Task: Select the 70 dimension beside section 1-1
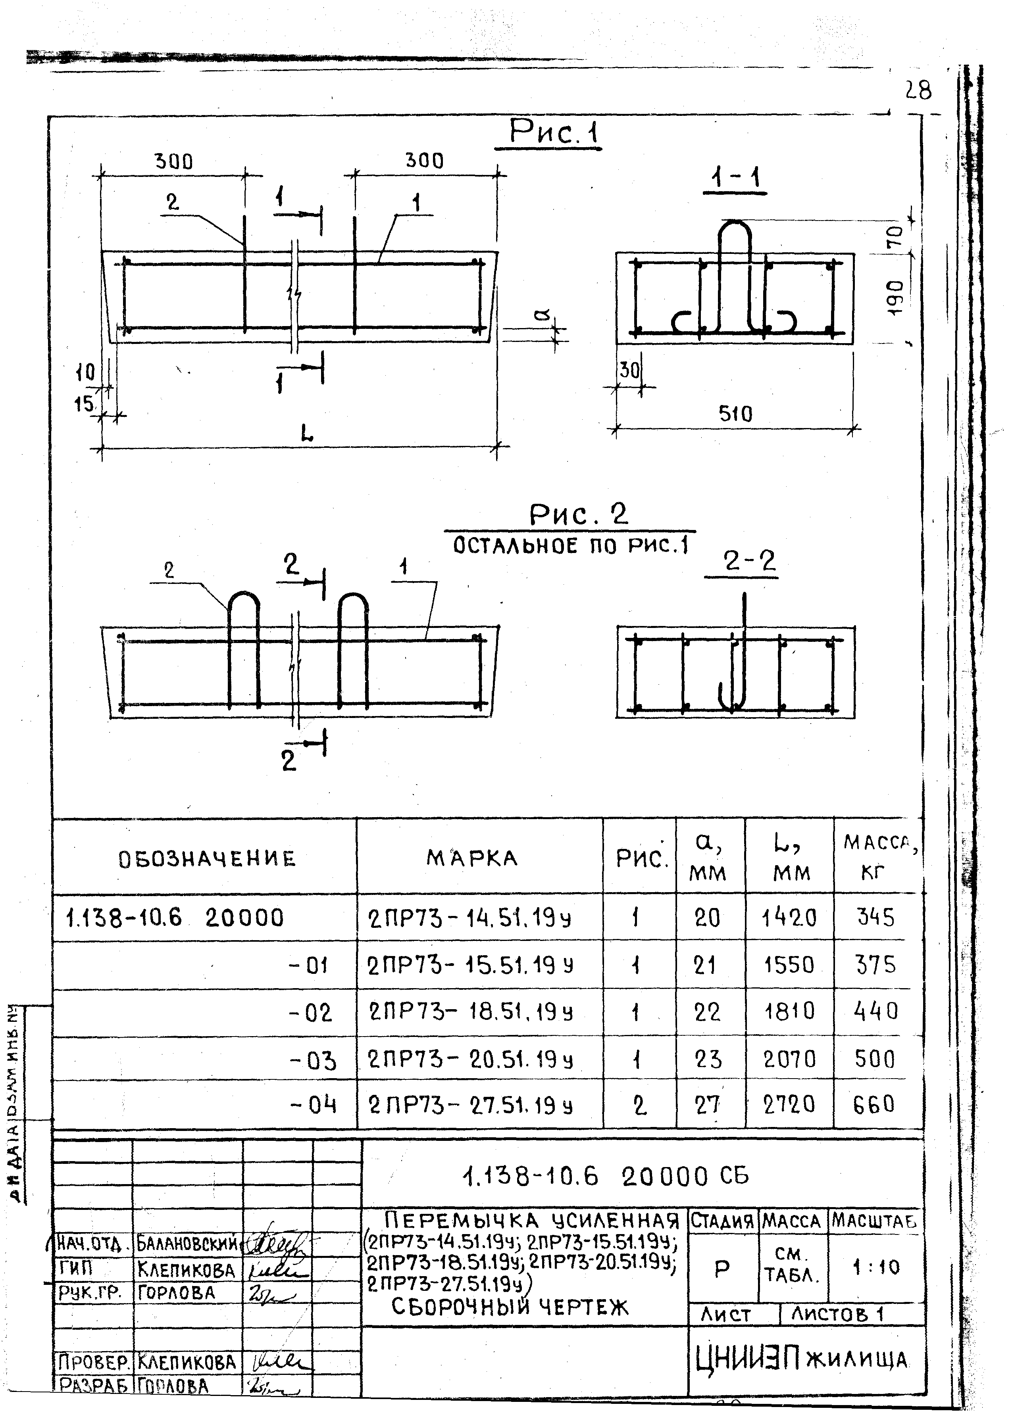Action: (895, 236)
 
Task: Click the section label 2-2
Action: (750, 561)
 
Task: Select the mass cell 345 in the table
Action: (875, 917)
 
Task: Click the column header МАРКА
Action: (472, 858)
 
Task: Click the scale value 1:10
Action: (876, 1267)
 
